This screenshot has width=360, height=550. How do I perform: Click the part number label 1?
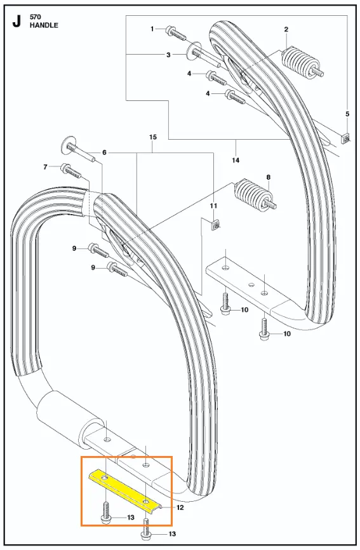click(x=152, y=29)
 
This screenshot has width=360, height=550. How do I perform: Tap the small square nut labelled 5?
click(x=346, y=139)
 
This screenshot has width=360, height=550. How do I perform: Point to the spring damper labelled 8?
click(x=255, y=196)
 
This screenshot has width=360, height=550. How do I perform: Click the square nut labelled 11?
click(x=215, y=225)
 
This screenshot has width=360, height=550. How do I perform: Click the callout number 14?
click(x=236, y=160)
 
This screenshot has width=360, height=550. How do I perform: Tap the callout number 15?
click(x=153, y=137)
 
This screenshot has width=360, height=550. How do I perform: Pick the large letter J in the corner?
click(x=17, y=22)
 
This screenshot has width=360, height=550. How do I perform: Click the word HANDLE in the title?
click(x=44, y=25)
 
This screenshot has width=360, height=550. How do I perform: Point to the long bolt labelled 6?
click(x=79, y=150)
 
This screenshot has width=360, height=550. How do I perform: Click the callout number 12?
click(x=180, y=507)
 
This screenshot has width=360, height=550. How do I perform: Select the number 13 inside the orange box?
click(x=131, y=517)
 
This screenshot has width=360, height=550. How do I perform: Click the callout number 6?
click(x=104, y=152)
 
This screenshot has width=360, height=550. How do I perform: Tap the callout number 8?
click(x=269, y=177)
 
